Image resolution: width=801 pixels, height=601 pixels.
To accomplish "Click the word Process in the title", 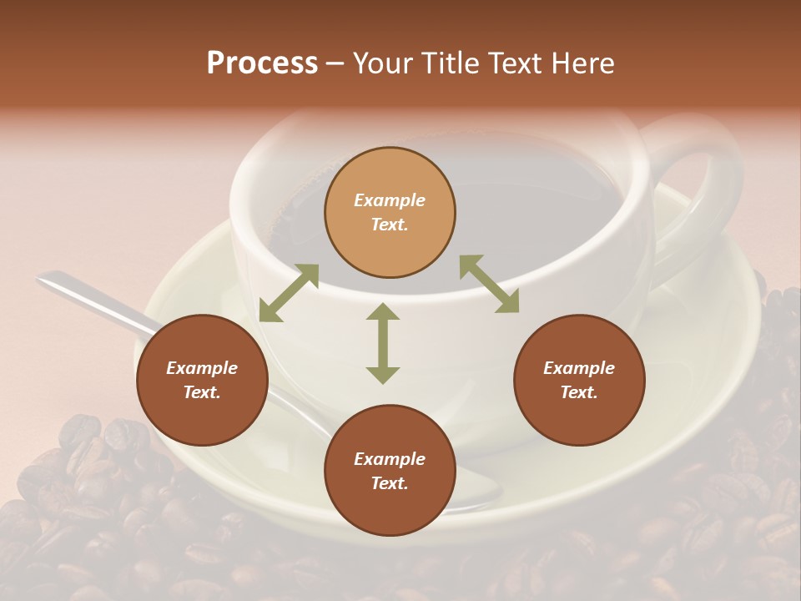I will click(262, 63).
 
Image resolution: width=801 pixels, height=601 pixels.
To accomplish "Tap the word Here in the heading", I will click(582, 63).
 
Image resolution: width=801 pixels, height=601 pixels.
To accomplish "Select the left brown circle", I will click(202, 380).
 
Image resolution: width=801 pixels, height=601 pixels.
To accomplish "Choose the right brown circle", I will click(579, 380).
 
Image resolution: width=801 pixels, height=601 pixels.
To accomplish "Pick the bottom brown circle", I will click(390, 471).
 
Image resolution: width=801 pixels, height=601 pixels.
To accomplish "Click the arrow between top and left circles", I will click(289, 293).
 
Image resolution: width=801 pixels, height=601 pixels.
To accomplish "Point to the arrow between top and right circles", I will click(489, 284).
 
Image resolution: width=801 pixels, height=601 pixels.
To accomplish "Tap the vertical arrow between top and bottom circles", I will click(383, 343).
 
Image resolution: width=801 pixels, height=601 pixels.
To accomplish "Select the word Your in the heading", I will click(384, 63).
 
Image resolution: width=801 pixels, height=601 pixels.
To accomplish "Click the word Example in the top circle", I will click(390, 200).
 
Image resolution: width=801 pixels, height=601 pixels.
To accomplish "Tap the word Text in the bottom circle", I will click(390, 483).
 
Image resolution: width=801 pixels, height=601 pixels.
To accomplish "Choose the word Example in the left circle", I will click(202, 368).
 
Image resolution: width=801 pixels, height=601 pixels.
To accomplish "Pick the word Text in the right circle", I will click(579, 392).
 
